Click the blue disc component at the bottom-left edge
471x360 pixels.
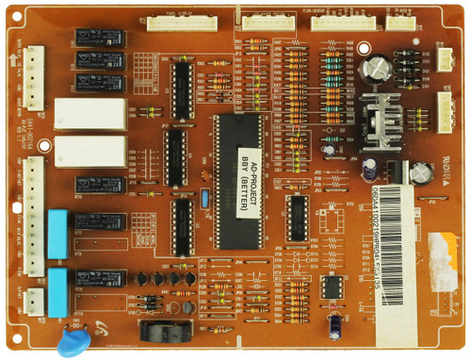coord(71,341)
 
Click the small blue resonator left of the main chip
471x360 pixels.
coord(203,200)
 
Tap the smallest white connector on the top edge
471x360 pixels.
coord(400,22)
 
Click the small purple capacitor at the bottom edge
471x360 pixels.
coord(335,323)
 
